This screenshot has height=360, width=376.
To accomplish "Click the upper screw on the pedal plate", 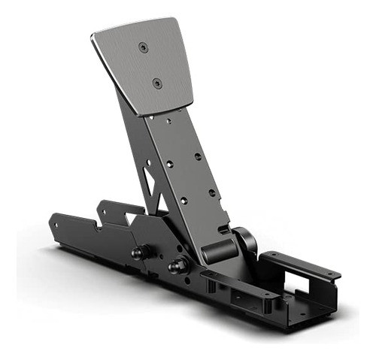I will [142, 47].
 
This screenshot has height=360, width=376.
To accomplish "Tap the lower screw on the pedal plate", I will [156, 83].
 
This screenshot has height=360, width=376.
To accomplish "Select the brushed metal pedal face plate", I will [147, 68].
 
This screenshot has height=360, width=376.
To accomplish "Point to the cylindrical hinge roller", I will [218, 249].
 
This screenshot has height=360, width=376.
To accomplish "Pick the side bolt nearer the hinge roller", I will [177, 265].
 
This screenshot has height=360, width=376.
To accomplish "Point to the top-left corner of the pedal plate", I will [94, 35].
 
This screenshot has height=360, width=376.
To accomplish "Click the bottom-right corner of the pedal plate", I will [192, 104].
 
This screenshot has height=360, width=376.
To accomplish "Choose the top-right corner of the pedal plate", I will [175, 21].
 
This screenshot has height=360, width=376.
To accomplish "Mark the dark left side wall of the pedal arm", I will [135, 150].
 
